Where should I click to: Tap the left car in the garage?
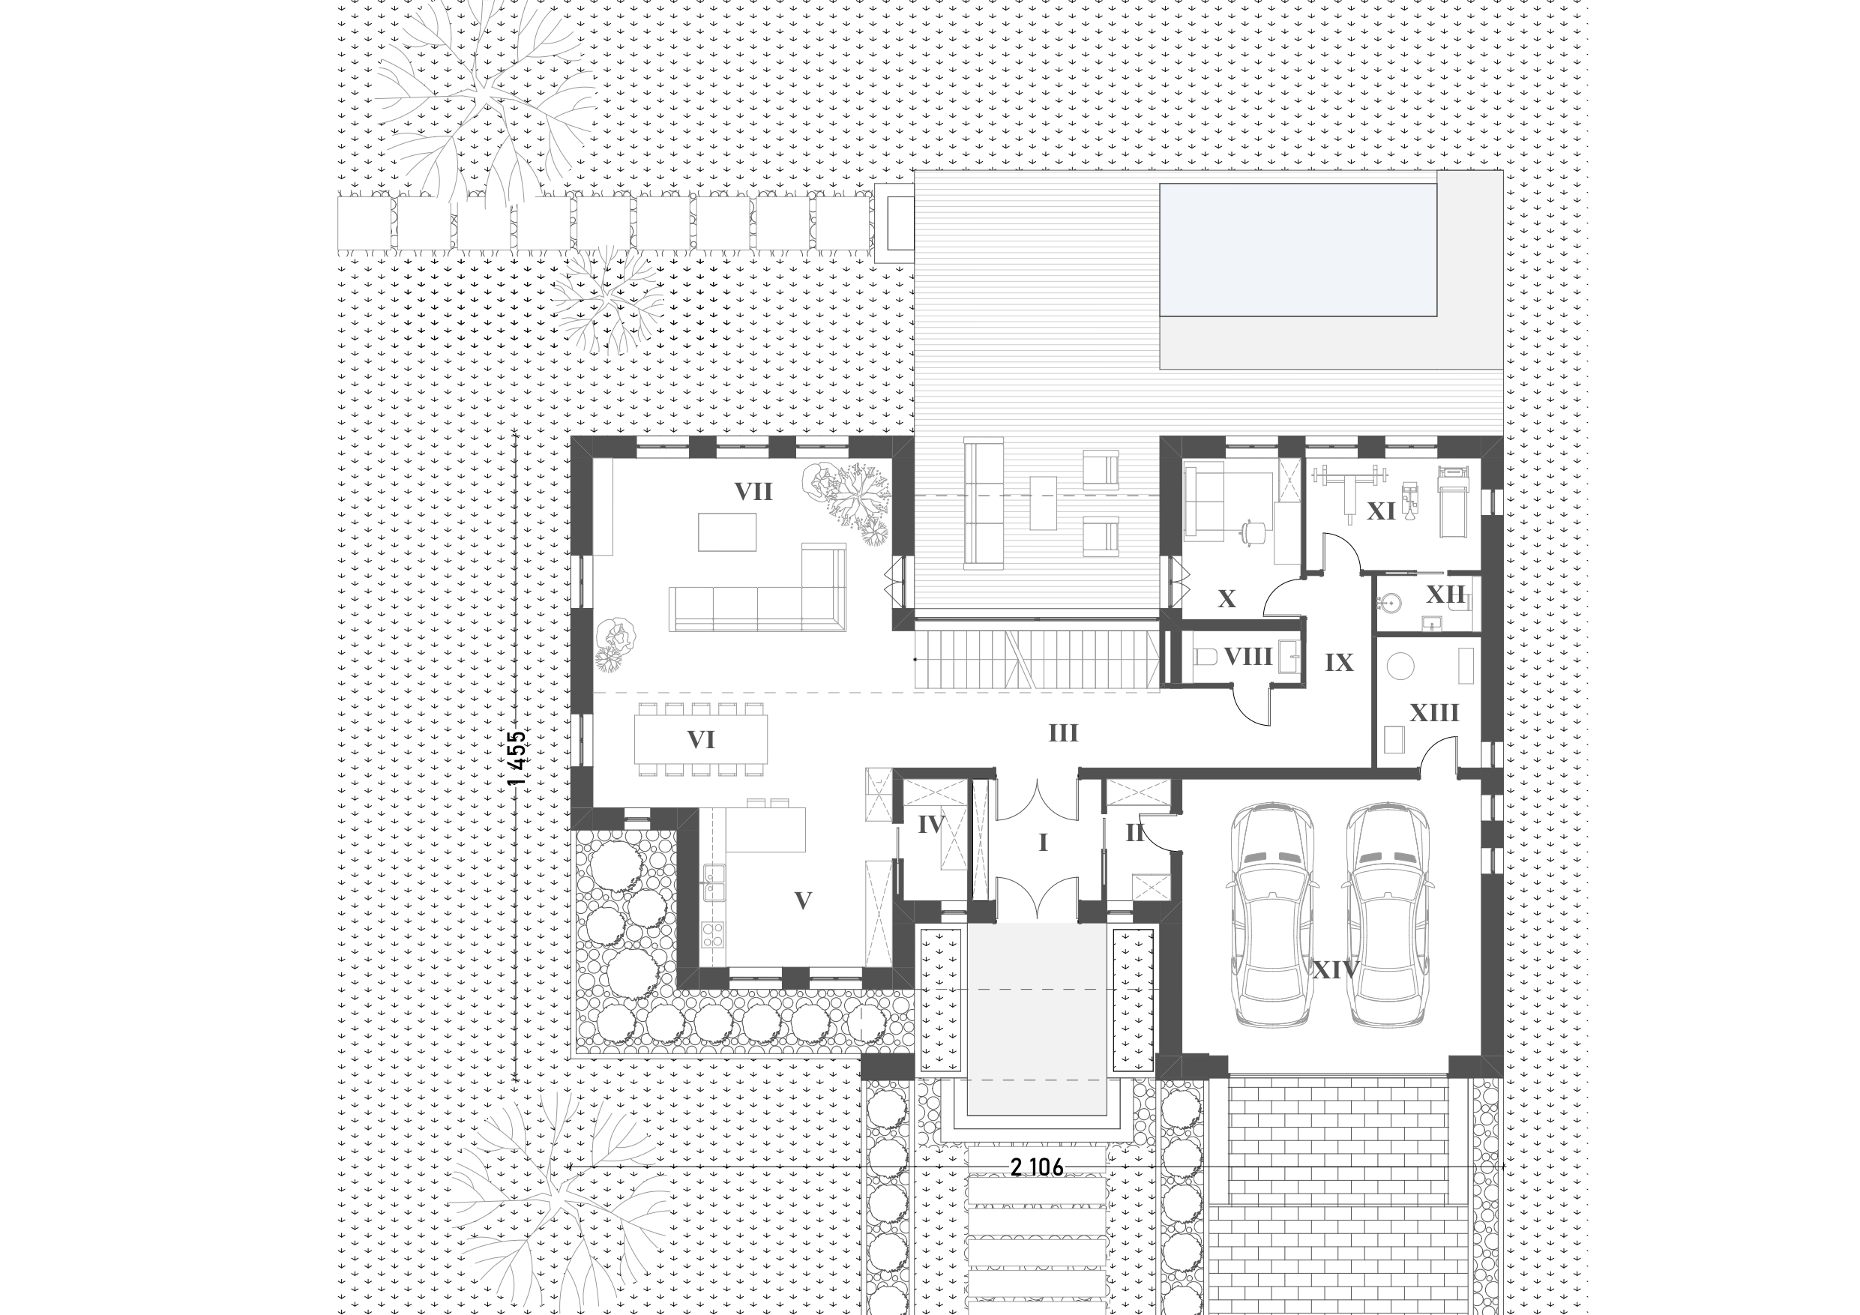[1271, 915]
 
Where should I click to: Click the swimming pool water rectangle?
[1298, 250]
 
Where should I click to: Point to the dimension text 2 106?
[1037, 1167]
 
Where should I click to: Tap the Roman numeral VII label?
[753, 492]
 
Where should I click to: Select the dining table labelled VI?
[702, 739]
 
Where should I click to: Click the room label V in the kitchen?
[803, 901]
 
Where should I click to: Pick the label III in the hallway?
[1063, 733]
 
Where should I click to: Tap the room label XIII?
[1434, 713]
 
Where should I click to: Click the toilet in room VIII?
[1205, 656]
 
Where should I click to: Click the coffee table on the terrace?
[1044, 502]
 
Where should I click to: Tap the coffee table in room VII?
[727, 532]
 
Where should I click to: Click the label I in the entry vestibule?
[1044, 842]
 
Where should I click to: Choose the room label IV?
[932, 825]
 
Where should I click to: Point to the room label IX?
[1339, 663]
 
